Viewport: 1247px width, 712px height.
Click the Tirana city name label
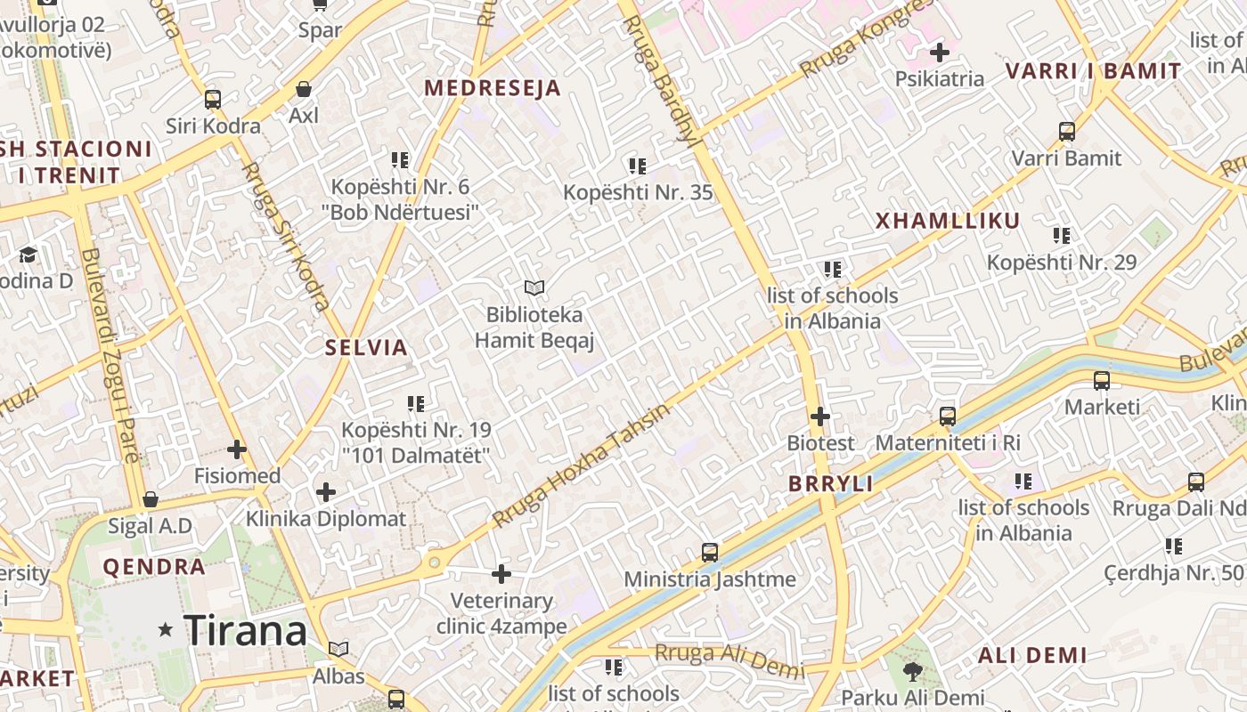[x=245, y=630]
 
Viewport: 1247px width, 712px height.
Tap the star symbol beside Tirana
[x=165, y=630]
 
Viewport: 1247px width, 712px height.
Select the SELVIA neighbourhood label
[x=366, y=348]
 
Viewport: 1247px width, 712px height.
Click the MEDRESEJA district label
[x=493, y=88]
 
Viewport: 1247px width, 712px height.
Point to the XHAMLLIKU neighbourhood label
[x=948, y=221]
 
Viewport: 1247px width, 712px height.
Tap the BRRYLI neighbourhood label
[x=831, y=484]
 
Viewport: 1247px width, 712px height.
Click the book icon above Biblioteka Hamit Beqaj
[x=534, y=287]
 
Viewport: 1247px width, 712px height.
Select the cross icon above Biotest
[x=820, y=416]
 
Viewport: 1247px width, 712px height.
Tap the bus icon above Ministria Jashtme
[x=710, y=553]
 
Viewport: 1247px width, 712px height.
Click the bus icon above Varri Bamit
[x=1067, y=132]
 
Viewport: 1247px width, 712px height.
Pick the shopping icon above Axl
[x=304, y=89]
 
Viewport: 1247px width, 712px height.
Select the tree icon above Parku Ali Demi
[x=912, y=671]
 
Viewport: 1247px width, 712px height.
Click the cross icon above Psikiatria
[x=939, y=53]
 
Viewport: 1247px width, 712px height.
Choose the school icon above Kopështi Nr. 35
[x=637, y=166]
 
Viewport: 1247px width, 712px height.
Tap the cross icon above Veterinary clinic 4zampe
[x=501, y=574]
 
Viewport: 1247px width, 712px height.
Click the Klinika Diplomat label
[x=326, y=519]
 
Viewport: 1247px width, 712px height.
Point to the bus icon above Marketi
[x=1102, y=381]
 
